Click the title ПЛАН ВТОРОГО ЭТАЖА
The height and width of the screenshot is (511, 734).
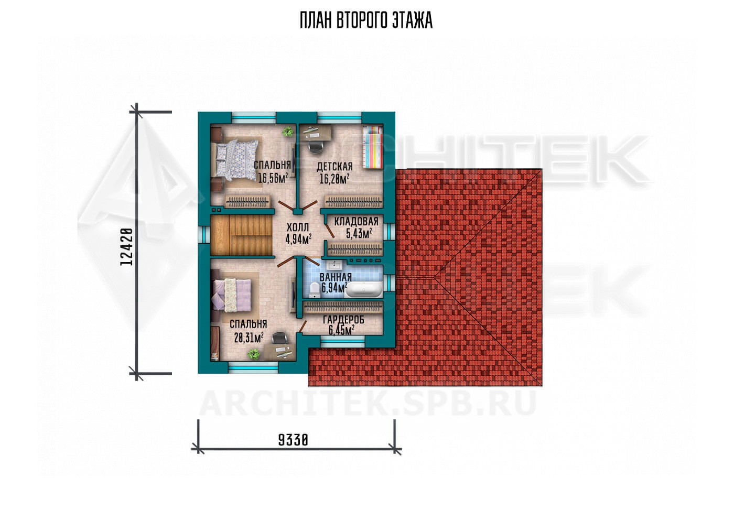(x=366, y=20)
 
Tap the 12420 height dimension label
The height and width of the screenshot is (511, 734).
(x=126, y=246)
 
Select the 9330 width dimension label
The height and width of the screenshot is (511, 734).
(x=293, y=440)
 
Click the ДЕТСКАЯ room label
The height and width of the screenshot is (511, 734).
(x=334, y=167)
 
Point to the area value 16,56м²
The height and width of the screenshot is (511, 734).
(x=273, y=178)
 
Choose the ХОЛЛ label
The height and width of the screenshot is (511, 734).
(x=298, y=227)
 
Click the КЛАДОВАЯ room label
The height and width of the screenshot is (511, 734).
(x=356, y=221)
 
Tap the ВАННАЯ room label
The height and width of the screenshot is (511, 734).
(x=336, y=277)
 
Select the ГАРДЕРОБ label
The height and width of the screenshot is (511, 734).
(x=343, y=319)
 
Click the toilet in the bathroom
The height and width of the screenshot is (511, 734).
(x=314, y=289)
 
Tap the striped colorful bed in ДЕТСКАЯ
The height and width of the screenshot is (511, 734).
(x=373, y=147)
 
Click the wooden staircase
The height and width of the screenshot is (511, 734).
(x=242, y=235)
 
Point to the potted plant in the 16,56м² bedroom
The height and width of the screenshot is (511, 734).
(x=288, y=132)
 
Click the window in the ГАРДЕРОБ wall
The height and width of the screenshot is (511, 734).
(x=342, y=343)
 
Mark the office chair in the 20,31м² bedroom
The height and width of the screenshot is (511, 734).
(x=278, y=338)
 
